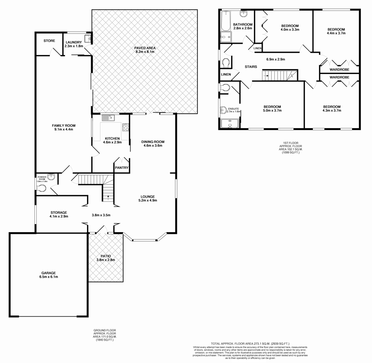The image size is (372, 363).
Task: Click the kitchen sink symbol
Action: (106, 118)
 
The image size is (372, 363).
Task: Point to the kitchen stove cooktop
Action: (126, 127)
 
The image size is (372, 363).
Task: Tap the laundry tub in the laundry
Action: (87, 39)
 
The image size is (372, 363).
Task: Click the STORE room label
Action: (49, 41)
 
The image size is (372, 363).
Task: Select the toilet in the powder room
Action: (42, 188)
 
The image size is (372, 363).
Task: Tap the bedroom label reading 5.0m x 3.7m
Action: (272, 109)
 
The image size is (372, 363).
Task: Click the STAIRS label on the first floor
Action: (251, 67)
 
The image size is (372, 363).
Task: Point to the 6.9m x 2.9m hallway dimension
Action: (275, 59)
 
